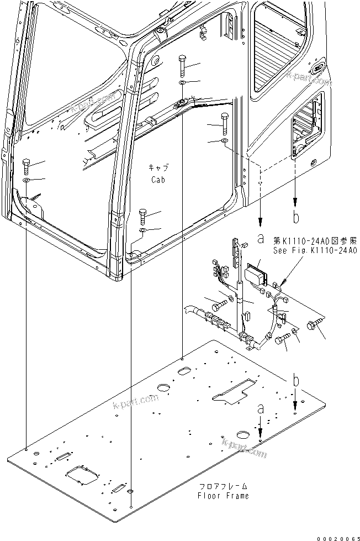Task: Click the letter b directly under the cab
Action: [x=297, y=217]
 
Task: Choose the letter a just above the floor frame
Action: [x=260, y=410]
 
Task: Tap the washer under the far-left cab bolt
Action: [x=27, y=181]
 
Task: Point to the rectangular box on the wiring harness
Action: [x=255, y=274]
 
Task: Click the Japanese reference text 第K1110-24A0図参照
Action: [x=315, y=241]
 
